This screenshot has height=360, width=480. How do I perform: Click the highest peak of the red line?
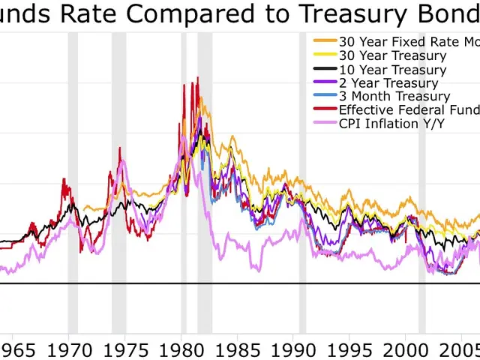(197, 78)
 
